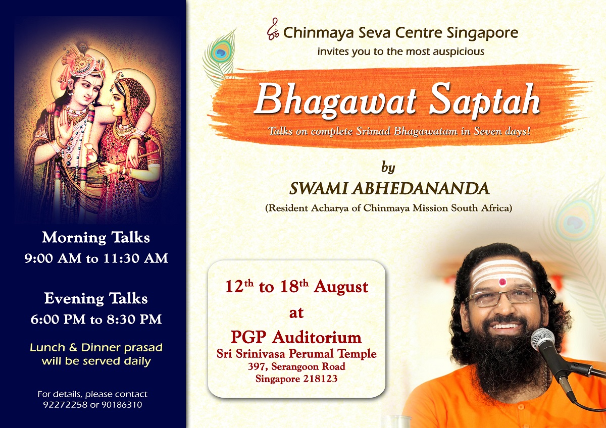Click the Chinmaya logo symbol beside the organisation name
tap(273, 29)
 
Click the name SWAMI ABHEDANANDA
tap(389, 188)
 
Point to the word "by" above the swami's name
tap(388, 168)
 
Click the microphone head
tap(542, 339)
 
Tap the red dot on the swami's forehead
tap(502, 282)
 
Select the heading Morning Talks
tap(96, 238)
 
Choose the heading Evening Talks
tap(96, 299)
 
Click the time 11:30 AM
tap(136, 258)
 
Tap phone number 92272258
tap(65, 405)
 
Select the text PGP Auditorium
tap(296, 338)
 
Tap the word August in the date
tap(341, 287)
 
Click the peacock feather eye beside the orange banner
tap(221, 52)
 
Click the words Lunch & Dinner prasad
tap(96, 348)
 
